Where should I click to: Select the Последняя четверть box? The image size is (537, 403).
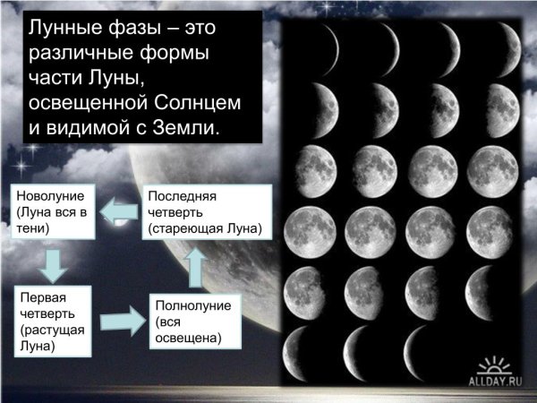pyautogui.click(x=206, y=212)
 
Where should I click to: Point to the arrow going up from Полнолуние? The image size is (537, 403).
pyautogui.click(x=194, y=266)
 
